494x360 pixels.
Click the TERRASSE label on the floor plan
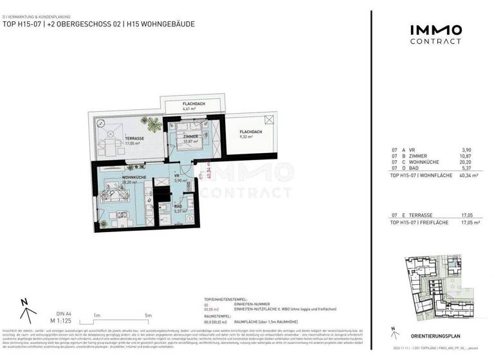tap(116, 138)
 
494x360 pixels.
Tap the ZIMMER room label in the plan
tap(190, 137)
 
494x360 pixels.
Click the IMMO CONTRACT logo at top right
tap(435, 34)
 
